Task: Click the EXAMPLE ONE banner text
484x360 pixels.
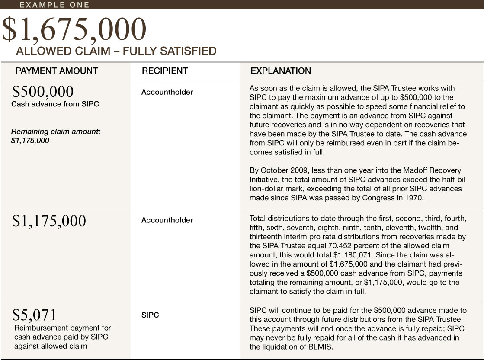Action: (x=54, y=5)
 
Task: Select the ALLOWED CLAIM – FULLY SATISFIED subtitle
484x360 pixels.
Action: (x=116, y=51)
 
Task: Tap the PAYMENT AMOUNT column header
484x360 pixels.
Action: (x=57, y=71)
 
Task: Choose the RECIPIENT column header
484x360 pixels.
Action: (x=165, y=71)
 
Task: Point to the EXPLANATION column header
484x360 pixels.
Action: (x=281, y=71)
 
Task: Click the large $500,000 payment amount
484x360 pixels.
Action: (x=43, y=91)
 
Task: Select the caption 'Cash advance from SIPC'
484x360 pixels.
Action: (x=55, y=104)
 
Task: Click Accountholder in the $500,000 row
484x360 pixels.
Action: (x=167, y=92)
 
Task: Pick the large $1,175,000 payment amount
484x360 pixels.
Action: (x=49, y=221)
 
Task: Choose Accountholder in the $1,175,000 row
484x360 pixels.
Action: (x=167, y=220)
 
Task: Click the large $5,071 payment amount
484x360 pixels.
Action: (x=34, y=315)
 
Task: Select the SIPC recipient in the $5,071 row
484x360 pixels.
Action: (x=150, y=315)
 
